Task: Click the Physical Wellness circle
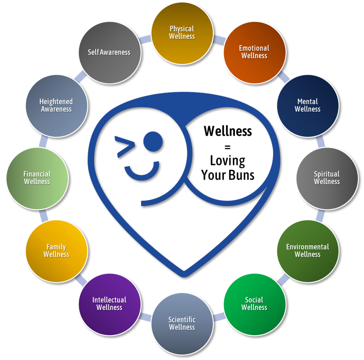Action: point(182,33)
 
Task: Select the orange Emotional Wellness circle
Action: point(254,52)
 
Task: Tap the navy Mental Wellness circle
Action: point(308,105)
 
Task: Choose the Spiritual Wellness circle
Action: point(327,178)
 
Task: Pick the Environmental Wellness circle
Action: point(308,251)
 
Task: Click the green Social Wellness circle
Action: point(254,304)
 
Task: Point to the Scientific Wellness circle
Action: point(182,323)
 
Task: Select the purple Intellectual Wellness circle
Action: point(109,304)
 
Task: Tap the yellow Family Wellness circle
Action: point(56,251)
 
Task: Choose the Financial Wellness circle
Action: point(37,178)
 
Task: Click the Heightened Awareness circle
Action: point(56,105)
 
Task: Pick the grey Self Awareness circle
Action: point(109,52)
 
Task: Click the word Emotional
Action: point(254,48)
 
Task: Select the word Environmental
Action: point(308,247)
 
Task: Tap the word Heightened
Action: point(56,102)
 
